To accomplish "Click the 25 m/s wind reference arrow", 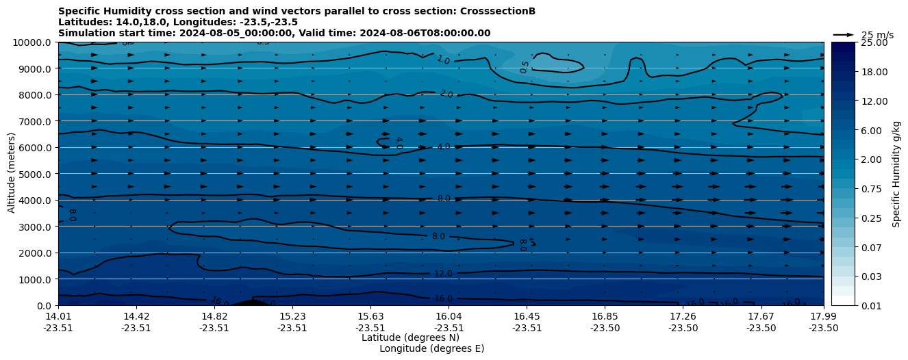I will click(x=844, y=35).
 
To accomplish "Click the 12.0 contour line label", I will click(x=443, y=274).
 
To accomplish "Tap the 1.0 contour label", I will click(x=443, y=60).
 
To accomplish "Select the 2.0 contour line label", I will click(x=446, y=94).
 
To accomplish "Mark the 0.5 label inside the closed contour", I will click(x=525, y=67).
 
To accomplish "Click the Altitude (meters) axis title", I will click(x=12, y=174).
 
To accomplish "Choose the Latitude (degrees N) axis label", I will click(x=410, y=337).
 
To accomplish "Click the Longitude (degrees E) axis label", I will click(x=431, y=348).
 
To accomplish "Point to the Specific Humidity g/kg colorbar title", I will click(x=896, y=174).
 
